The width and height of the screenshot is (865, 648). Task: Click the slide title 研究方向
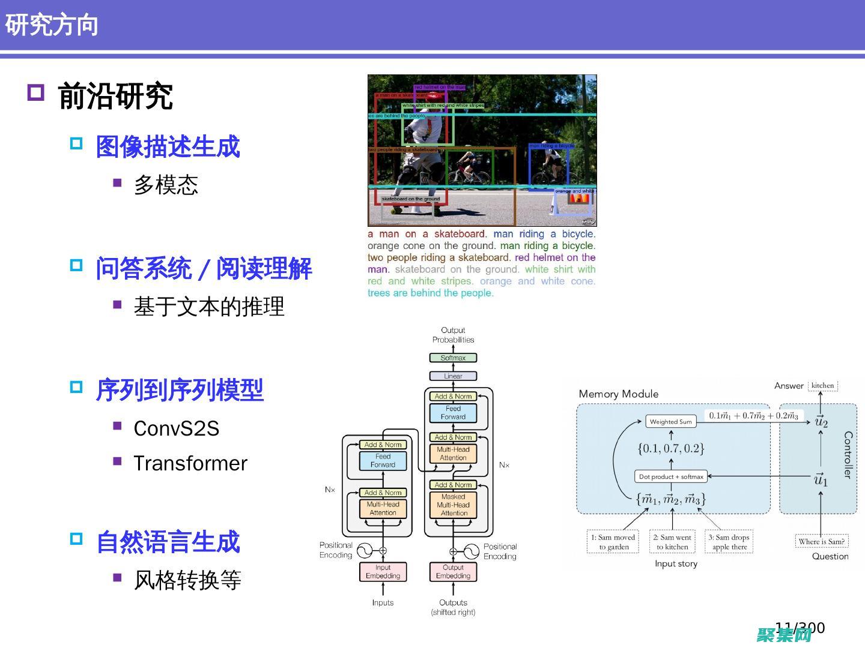[52, 25]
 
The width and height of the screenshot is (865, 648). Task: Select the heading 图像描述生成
[168, 147]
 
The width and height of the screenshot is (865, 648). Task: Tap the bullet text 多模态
[166, 185]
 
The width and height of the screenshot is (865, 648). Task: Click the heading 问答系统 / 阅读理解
[204, 269]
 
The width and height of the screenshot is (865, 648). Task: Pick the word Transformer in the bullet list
[190, 463]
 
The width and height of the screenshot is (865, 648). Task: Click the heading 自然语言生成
[168, 542]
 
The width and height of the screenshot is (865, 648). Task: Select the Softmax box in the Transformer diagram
[453, 358]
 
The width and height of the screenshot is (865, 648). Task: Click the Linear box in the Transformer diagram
[453, 376]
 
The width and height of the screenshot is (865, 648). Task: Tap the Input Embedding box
[383, 571]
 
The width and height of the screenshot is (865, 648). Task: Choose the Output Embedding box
[453, 571]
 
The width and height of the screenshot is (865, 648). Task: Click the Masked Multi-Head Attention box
[454, 505]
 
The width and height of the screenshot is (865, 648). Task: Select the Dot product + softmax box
[671, 476]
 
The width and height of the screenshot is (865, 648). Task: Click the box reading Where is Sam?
[821, 541]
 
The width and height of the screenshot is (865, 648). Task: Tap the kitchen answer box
[822, 385]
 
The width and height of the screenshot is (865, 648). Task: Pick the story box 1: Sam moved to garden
[613, 542]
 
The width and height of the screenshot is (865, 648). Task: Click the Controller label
[848, 454]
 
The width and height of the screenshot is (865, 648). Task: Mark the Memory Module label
[618, 394]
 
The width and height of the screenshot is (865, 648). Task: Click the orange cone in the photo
[579, 199]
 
